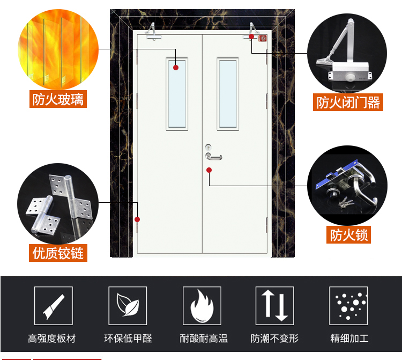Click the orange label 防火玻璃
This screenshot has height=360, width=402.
[x=58, y=99]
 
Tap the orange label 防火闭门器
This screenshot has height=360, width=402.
[x=348, y=102]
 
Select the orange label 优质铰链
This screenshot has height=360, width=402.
[x=58, y=253]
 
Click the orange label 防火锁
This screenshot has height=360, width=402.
[x=349, y=234]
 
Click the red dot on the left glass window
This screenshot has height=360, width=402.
[x=176, y=68]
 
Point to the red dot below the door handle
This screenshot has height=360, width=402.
[x=209, y=170]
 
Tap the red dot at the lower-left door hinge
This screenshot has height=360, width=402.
[x=137, y=219]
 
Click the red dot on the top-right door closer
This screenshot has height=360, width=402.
[x=251, y=36]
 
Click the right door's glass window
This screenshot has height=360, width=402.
[x=228, y=94]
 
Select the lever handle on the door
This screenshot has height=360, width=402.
[x=214, y=157]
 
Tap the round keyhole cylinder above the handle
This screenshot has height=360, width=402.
[x=209, y=147]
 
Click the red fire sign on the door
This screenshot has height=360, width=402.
[x=263, y=39]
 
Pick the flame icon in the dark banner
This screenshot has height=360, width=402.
[x=202, y=306]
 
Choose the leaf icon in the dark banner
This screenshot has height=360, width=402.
[x=128, y=305]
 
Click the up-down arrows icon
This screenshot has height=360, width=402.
[x=274, y=306]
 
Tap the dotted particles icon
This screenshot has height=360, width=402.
[x=349, y=306]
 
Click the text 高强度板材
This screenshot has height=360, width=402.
[x=52, y=339]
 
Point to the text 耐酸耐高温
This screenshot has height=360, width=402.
[x=204, y=339]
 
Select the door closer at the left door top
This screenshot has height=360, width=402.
[x=153, y=32]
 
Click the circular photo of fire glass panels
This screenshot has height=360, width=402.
[x=58, y=49]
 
